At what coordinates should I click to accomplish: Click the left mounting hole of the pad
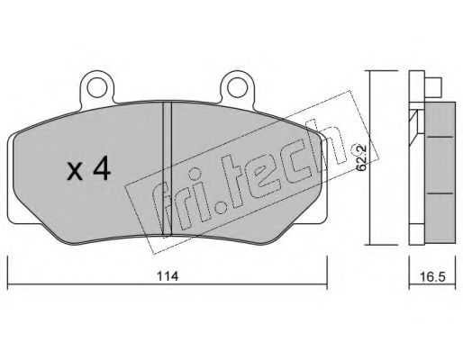(x=97, y=87)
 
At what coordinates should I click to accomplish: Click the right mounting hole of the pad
(x=237, y=87)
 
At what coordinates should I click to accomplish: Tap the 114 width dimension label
(x=168, y=276)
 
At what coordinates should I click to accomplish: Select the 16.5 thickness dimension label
(x=432, y=276)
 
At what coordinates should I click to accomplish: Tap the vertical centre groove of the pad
(x=167, y=168)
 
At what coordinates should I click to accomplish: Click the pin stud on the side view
(x=432, y=87)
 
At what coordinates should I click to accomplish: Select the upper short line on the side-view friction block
(x=440, y=137)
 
